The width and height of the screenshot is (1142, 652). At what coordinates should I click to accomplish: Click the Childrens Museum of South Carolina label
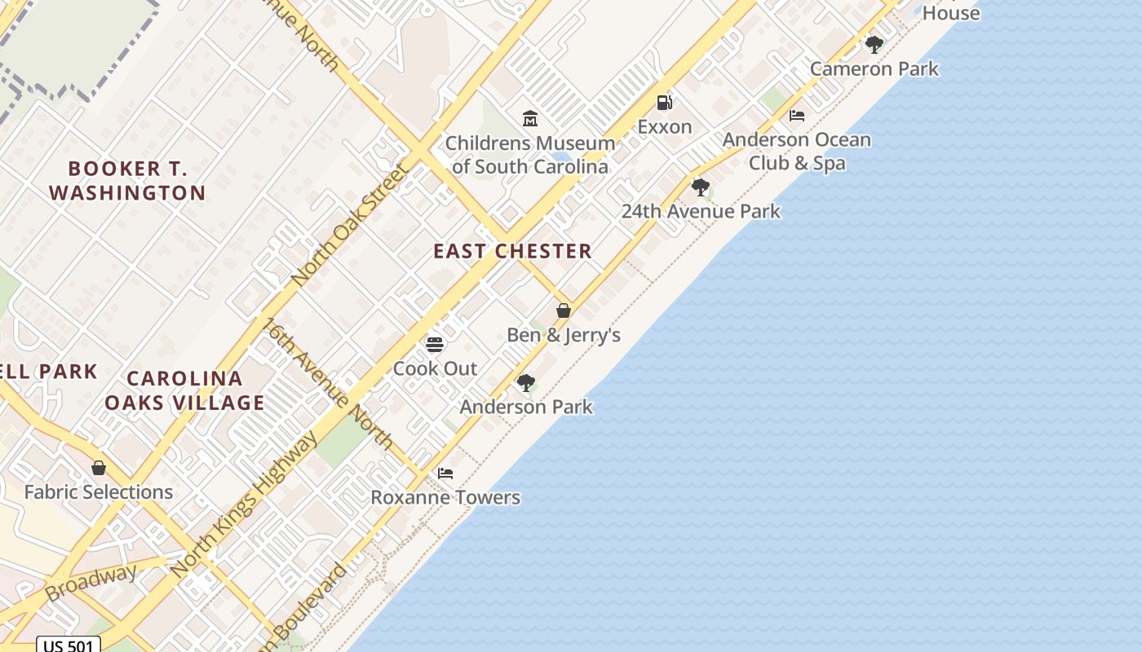click(529, 155)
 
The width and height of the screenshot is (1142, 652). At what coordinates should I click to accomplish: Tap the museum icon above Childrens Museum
click(530, 119)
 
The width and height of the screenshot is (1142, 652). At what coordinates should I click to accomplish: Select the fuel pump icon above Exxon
click(665, 103)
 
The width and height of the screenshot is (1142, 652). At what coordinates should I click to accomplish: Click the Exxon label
click(665, 127)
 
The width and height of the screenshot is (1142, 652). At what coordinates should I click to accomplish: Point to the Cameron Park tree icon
click(874, 45)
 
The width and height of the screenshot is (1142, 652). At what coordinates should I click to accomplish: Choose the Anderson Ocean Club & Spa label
click(797, 152)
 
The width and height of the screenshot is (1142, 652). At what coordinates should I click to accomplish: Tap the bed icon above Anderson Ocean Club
click(797, 116)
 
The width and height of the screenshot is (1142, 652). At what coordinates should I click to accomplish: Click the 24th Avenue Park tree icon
click(701, 187)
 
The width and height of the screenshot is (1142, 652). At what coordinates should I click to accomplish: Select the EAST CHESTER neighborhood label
click(512, 251)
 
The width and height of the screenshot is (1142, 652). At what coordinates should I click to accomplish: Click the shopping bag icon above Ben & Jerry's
click(564, 311)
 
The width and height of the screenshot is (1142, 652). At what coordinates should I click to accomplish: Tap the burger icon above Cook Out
click(435, 344)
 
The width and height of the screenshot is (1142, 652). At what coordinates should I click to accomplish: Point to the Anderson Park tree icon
click(526, 382)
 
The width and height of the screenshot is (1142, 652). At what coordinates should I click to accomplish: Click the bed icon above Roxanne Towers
click(445, 473)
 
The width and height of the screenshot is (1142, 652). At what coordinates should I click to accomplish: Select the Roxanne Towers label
click(445, 497)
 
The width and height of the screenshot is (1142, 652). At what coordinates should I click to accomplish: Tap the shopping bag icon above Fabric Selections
click(99, 468)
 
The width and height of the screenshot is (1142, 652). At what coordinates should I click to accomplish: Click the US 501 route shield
click(69, 645)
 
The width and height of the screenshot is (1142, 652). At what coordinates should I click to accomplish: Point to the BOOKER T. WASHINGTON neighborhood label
click(127, 181)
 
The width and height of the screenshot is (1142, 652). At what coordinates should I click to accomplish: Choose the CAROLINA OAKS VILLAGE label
click(184, 390)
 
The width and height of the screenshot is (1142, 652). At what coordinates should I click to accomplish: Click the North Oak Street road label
click(349, 223)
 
